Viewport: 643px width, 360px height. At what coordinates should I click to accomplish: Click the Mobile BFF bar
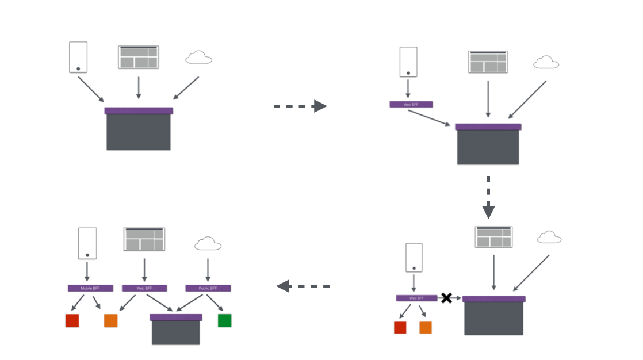click(x=90, y=288)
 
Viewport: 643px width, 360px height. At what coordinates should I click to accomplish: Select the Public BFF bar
click(x=208, y=288)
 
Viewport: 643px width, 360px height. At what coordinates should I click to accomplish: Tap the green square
click(x=224, y=320)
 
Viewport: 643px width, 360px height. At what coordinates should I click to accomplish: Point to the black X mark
click(x=446, y=298)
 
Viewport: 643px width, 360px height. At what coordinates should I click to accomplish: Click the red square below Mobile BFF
click(x=72, y=320)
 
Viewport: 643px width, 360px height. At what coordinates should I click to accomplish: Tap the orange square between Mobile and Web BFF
click(x=110, y=320)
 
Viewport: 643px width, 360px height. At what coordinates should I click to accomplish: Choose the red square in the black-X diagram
click(x=400, y=327)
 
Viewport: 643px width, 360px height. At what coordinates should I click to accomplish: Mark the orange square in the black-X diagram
click(x=426, y=327)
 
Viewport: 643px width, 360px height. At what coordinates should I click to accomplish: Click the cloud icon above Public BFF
click(x=208, y=244)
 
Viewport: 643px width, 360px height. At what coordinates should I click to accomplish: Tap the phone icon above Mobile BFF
click(x=87, y=243)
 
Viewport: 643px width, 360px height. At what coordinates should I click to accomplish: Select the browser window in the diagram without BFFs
click(x=139, y=58)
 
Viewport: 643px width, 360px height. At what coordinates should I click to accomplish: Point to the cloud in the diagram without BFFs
click(x=199, y=58)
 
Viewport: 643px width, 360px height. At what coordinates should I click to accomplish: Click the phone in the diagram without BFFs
click(x=78, y=57)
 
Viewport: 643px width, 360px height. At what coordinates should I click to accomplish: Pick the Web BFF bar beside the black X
click(x=416, y=298)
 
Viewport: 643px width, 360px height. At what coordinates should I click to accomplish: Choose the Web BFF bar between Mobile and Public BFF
click(x=144, y=288)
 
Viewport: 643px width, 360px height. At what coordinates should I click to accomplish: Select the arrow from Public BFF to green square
click(x=215, y=302)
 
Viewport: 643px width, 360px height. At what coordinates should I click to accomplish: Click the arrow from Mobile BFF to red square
click(x=78, y=302)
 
